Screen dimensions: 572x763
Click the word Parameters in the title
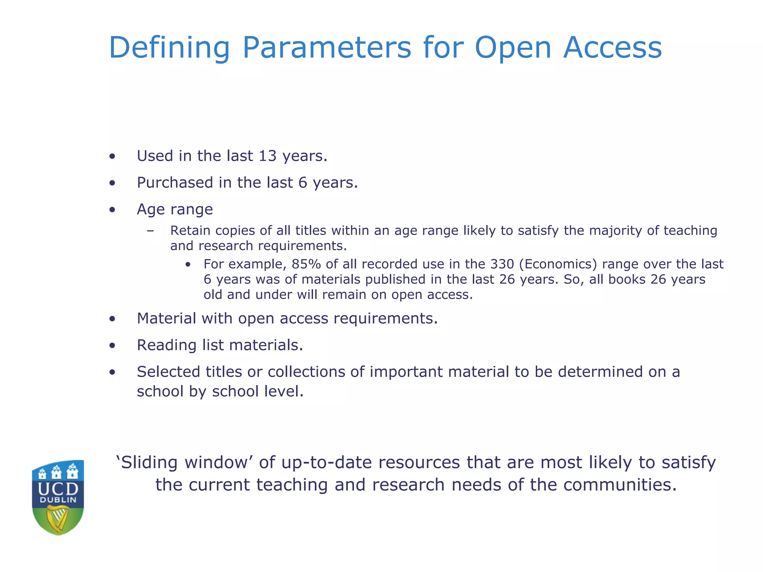pos(326,48)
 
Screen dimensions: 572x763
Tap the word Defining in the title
pos(169,48)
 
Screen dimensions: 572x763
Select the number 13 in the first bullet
pos(267,156)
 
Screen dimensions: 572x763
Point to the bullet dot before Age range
pos(112,210)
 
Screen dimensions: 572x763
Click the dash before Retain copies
pos(150,231)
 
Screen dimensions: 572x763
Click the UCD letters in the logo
pos(58,489)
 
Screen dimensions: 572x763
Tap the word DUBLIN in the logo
pos(58,500)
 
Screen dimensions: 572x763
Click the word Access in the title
pos(612,48)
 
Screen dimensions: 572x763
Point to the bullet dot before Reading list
pos(112,346)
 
